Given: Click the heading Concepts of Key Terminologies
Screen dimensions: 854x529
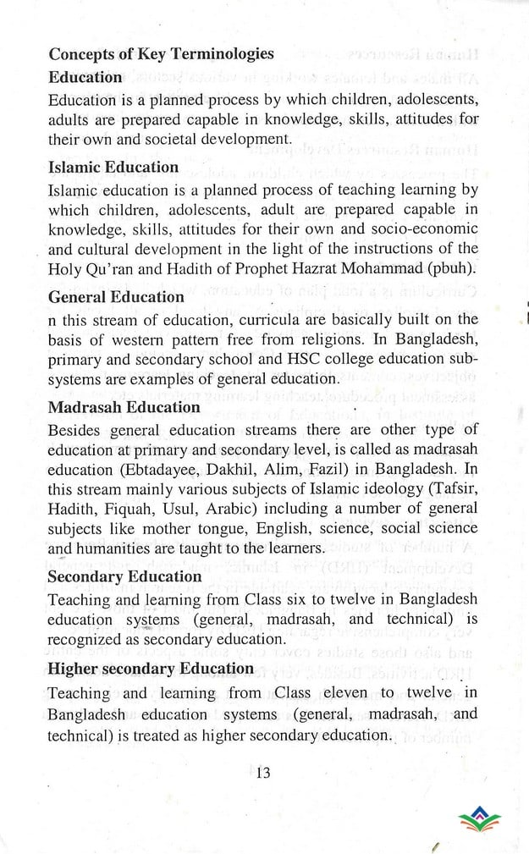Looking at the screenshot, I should (161, 54).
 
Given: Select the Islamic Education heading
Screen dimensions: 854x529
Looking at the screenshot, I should (113, 167).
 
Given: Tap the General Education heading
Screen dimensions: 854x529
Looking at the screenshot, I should (116, 297).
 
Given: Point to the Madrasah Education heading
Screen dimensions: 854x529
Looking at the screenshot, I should (124, 407).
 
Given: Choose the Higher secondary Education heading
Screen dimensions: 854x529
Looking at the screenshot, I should (151, 669).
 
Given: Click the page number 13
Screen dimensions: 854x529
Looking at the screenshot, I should (262, 771).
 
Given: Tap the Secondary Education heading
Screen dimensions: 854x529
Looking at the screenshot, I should (125, 577).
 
